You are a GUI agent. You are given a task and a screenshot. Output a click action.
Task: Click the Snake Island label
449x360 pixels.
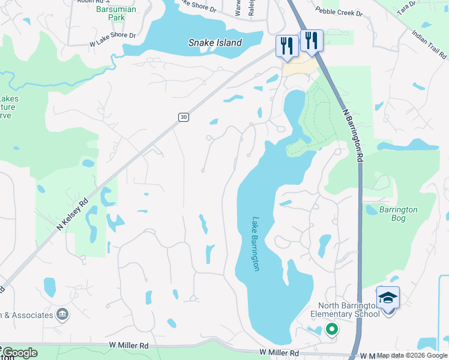(215, 43)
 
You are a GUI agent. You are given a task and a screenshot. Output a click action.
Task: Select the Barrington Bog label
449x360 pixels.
(398, 214)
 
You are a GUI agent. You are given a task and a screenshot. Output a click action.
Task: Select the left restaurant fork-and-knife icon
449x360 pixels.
(286, 45)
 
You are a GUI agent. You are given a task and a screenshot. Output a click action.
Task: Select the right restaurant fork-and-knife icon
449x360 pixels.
(311, 40)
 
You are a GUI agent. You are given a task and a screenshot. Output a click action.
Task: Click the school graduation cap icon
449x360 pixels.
(388, 297)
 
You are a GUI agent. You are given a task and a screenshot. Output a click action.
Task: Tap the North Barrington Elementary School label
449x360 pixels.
(344, 309)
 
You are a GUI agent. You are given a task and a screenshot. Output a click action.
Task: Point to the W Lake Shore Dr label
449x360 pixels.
(112, 40)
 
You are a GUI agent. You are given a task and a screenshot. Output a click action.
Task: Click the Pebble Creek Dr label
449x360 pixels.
(339, 12)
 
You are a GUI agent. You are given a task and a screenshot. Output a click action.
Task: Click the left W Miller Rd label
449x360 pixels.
(128, 346)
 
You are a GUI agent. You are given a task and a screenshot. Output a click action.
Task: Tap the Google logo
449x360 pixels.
(19, 353)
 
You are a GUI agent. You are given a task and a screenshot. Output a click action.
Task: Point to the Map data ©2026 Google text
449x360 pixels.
(412, 355)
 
